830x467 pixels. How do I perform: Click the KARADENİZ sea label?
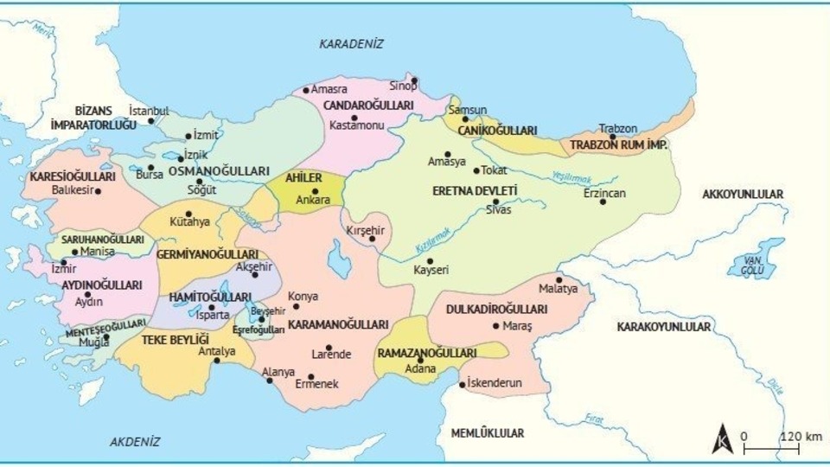point(350,43)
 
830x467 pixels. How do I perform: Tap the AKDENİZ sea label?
point(135,441)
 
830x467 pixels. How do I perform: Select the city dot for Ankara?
point(315,191)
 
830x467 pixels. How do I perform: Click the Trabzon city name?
point(617,126)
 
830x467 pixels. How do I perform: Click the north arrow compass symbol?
point(720,439)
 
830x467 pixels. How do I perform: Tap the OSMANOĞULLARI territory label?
point(207,171)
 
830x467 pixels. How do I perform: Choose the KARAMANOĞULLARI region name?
point(337,324)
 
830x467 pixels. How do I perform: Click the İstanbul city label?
point(149,112)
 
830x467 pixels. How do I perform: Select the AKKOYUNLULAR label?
point(743,195)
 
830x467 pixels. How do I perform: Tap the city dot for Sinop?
point(414,80)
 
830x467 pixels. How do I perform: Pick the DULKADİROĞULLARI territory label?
point(496,309)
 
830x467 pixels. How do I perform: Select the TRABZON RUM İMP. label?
point(618,145)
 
